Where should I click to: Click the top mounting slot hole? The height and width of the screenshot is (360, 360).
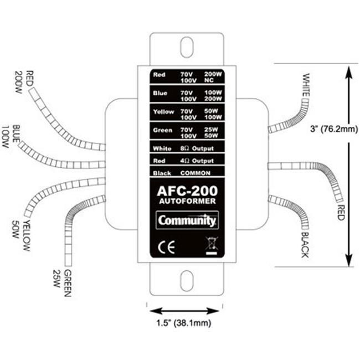click(187, 47)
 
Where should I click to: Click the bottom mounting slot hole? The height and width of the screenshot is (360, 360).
click(187, 281)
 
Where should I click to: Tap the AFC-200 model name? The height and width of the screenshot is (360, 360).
click(187, 191)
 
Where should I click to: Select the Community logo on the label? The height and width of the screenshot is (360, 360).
click(187, 220)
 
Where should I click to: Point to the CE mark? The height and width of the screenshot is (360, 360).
click(167, 247)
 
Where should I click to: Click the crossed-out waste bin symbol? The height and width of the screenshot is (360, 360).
click(212, 246)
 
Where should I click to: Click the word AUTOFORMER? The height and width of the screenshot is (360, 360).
click(187, 201)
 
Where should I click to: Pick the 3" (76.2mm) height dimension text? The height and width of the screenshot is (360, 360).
click(334, 129)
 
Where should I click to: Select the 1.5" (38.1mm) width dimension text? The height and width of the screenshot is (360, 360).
click(184, 323)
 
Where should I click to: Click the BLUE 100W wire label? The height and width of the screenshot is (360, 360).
click(11, 136)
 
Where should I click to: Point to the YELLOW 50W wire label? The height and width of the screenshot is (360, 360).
click(21, 235)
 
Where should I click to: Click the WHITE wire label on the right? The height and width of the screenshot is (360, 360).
click(306, 85)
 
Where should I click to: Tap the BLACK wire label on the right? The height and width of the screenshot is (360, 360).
click(305, 245)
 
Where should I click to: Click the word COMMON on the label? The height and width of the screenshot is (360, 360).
click(196, 173)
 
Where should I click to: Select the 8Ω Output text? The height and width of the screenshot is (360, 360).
click(197, 148)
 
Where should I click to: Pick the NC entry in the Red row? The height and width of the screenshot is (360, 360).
click(209, 80)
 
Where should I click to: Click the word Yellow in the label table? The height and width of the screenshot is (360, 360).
click(163, 112)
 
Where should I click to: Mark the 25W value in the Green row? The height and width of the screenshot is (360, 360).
click(211, 130)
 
